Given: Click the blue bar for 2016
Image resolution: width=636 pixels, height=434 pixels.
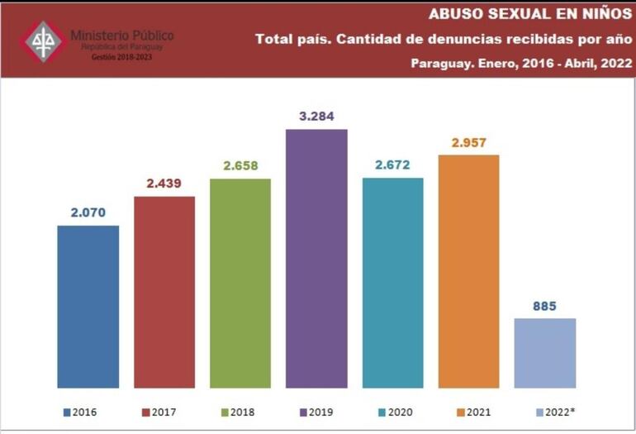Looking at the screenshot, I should pos(88,306).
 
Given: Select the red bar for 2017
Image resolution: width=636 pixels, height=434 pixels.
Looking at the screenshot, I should pos(164,292).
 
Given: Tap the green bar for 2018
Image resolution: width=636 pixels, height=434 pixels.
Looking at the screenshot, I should pos(240,283).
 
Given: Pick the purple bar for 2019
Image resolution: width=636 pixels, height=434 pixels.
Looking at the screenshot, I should pos(316,258).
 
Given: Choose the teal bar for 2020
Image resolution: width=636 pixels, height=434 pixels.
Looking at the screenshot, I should pos(392,282).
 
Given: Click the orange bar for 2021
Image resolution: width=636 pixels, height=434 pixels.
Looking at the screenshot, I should pos(468,271).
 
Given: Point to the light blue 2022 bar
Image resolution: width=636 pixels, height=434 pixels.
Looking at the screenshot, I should pos(544,353).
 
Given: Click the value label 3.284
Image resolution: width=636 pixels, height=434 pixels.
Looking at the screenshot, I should pos(316,116).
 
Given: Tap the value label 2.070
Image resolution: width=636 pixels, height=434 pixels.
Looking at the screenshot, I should pos(88,212).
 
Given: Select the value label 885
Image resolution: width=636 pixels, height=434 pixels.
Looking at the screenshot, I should pos(544,306).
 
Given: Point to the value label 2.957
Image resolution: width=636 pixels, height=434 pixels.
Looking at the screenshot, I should pos(468,142).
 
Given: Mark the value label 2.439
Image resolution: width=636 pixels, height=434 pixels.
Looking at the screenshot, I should pos(164,183).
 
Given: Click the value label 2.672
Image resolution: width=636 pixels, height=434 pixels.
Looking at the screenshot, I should pos(392,165).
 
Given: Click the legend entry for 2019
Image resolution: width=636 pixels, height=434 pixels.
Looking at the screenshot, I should pos(316,412).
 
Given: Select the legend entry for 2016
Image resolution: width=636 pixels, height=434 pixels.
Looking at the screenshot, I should pos(80,412).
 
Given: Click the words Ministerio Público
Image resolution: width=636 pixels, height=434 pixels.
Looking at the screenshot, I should pos(121,36).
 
